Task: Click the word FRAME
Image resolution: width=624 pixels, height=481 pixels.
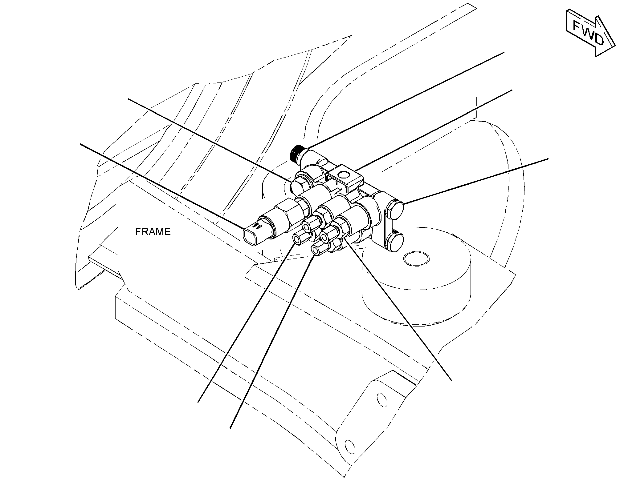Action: [153, 231]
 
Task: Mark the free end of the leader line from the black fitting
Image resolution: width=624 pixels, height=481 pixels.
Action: [504, 52]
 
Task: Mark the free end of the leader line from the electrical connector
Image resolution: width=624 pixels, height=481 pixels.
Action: [80, 143]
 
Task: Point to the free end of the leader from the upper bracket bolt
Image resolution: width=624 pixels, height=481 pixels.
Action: [548, 158]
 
